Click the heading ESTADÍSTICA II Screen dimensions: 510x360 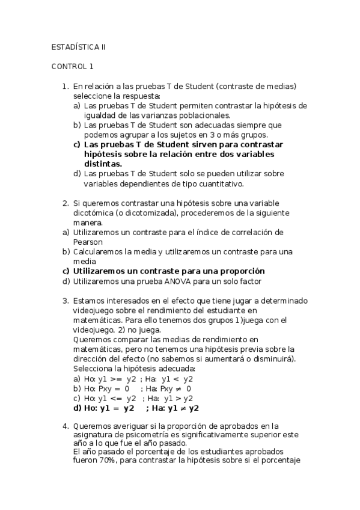click(x=79, y=46)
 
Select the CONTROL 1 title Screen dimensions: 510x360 click(x=72, y=67)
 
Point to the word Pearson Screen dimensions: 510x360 click(x=88, y=242)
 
